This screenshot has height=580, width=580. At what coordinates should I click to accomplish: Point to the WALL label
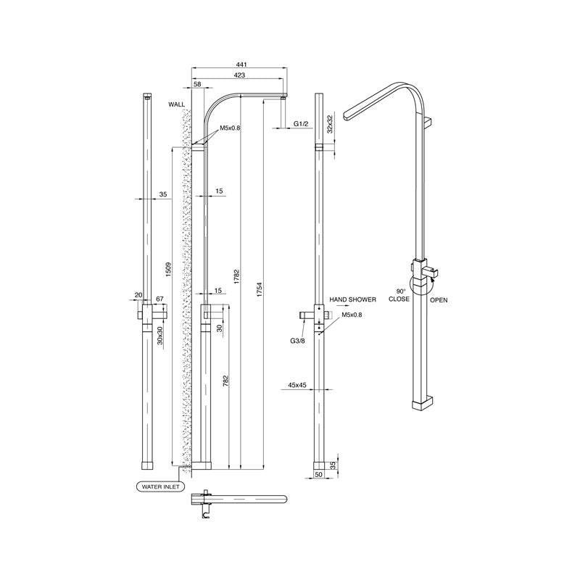177,104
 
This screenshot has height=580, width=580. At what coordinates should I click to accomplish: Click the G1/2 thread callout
302,125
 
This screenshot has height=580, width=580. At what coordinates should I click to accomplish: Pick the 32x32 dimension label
330,124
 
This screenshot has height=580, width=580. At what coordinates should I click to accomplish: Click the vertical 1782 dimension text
237,279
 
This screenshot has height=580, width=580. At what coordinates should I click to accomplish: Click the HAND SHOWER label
352,299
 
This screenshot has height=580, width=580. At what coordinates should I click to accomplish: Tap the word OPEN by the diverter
439,299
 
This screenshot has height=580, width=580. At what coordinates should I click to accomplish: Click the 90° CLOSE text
399,294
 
